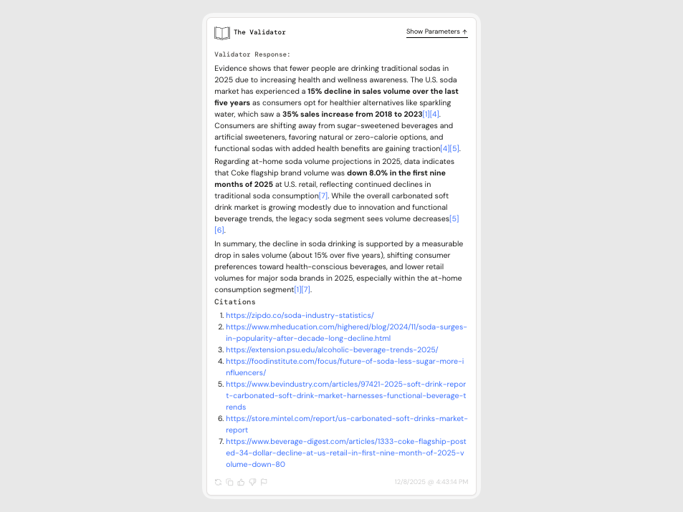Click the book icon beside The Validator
click(x=222, y=33)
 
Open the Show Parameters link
click(x=436, y=32)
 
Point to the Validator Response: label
click(x=252, y=54)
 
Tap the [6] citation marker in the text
click(x=219, y=230)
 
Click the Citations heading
click(x=235, y=302)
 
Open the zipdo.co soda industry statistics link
click(x=300, y=315)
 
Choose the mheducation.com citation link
click(x=346, y=327)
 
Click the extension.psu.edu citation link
click(x=332, y=349)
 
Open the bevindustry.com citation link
click(x=345, y=384)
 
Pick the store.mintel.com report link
click(x=346, y=418)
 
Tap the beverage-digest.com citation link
click(x=345, y=441)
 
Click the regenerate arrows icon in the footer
click(x=218, y=483)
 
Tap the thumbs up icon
click(x=241, y=483)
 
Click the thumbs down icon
click(x=252, y=483)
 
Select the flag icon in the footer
click(x=264, y=483)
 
